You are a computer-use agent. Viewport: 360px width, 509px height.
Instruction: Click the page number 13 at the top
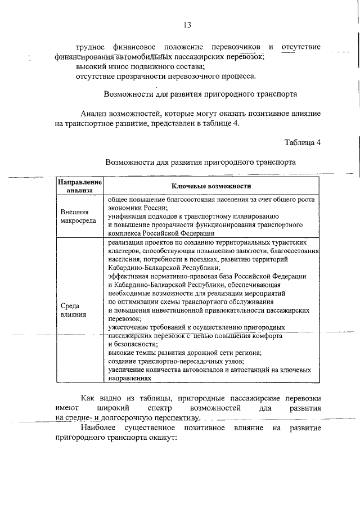187,25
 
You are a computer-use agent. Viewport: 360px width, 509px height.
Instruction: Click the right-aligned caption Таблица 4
303,142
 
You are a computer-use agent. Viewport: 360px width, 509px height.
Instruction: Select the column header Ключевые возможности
211,186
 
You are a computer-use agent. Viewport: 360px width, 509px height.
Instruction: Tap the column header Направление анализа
79,186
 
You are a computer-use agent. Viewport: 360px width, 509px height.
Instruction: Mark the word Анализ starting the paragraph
93,113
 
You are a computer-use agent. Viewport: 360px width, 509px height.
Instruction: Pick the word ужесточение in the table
130,327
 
